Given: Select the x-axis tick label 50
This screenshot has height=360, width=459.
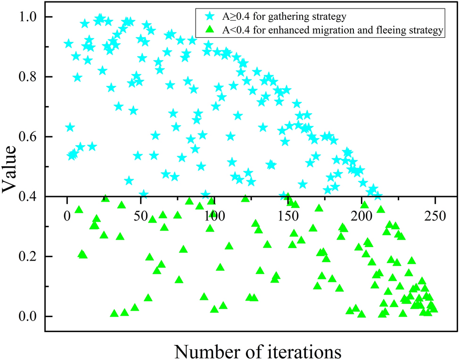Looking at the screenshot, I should click(141, 215).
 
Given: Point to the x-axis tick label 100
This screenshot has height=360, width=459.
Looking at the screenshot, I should click(214, 215).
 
